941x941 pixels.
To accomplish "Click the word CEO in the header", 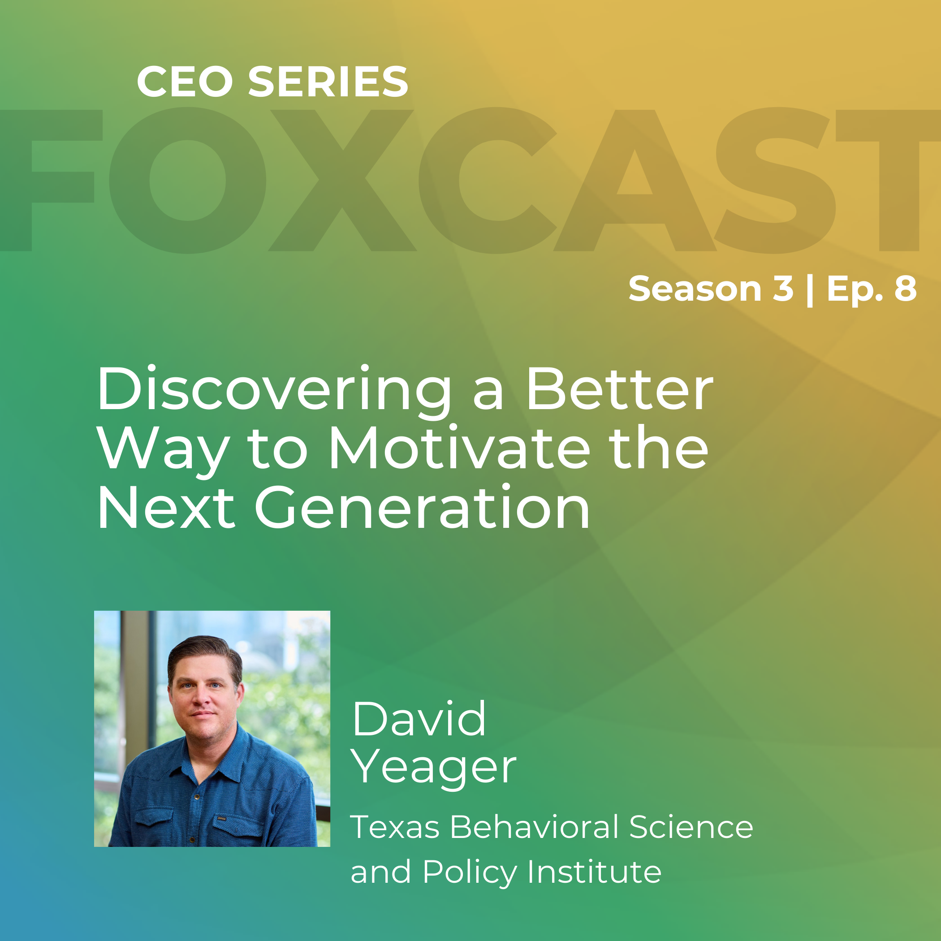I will pos(185,82).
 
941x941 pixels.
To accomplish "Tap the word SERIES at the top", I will pos(328,82).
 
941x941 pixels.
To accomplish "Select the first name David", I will pos(419,719).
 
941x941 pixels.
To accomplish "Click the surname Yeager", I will pos(433,768).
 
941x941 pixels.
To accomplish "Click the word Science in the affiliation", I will pos(691,827).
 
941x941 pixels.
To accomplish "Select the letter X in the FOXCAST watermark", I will pos(342,180).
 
